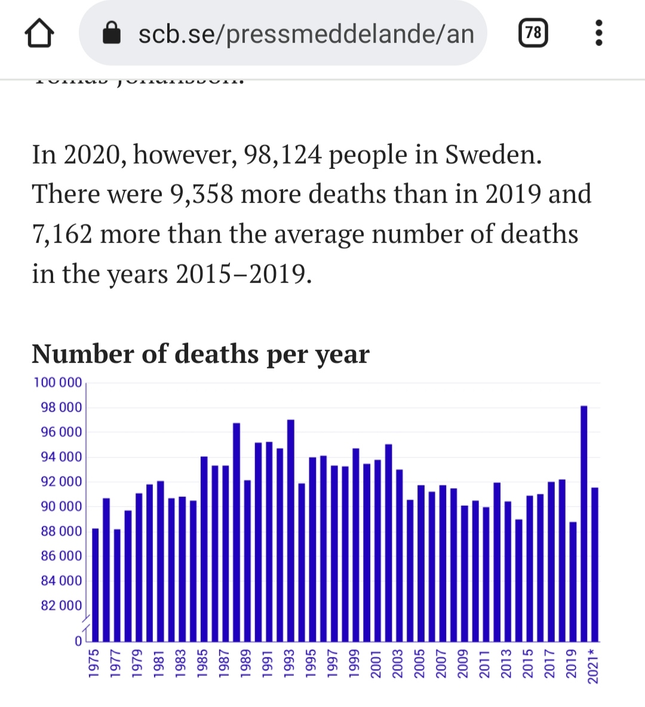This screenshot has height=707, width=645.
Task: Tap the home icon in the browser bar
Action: (39, 33)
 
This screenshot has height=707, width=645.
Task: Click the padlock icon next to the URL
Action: (112, 33)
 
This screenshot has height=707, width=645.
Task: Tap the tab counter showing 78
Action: (533, 33)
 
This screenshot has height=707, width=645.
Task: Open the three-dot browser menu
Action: (599, 33)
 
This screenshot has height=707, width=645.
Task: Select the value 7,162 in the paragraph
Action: (62, 234)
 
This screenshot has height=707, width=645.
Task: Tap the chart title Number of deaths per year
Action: (201, 354)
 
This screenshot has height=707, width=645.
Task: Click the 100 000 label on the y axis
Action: (58, 383)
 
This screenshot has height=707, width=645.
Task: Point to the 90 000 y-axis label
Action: (61, 506)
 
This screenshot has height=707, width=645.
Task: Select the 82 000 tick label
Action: (61, 605)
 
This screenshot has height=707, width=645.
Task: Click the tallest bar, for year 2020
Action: (584, 523)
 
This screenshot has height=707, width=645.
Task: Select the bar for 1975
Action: (95, 585)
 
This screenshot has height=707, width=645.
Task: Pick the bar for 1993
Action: (291, 530)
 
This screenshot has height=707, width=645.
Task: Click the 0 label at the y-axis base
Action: (78, 641)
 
